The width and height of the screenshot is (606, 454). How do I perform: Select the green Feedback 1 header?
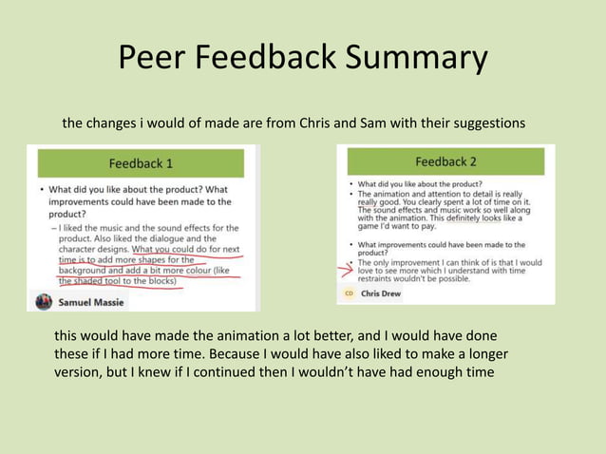[141, 162]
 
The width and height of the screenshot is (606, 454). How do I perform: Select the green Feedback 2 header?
[445, 161]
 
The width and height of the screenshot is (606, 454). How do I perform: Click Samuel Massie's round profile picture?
[44, 301]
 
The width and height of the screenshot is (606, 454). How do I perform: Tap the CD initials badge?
[349, 294]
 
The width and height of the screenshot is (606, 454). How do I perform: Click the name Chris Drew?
[381, 294]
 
